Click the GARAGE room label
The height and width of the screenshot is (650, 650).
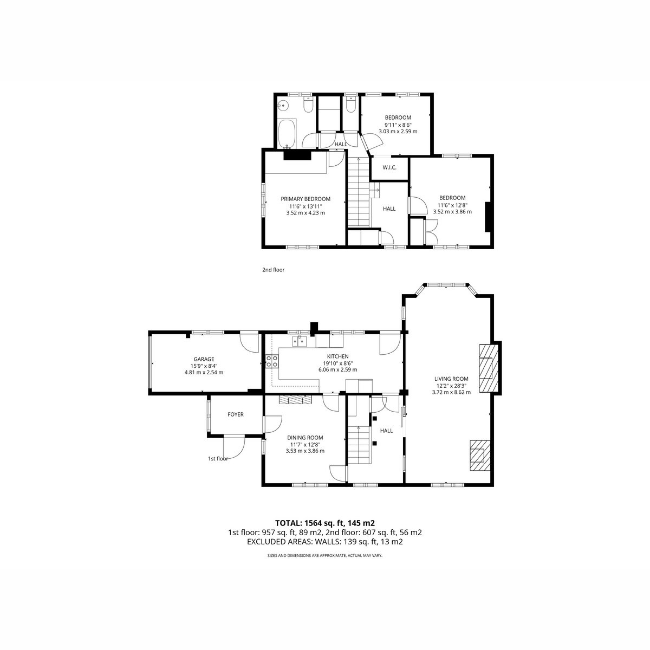tap(204, 359)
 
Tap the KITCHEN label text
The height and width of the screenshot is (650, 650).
tap(337, 356)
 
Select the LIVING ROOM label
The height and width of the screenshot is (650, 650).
tap(451, 379)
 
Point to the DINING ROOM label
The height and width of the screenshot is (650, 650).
tap(305, 438)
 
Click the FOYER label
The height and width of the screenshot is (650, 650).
tap(236, 414)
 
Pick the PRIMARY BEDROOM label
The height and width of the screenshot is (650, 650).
tap(305, 199)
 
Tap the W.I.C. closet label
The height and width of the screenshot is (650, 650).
tap(389, 167)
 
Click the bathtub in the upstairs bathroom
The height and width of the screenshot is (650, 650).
tap(288, 134)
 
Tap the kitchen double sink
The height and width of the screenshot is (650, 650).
tap(300, 341)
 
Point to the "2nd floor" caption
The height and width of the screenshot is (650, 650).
tap(273, 270)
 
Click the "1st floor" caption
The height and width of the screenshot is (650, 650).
tap(218, 458)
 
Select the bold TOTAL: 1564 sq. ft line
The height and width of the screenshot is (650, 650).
tap(325, 523)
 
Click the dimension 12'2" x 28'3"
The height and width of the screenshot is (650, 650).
tap(451, 386)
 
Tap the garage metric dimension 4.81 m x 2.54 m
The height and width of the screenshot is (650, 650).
tap(204, 372)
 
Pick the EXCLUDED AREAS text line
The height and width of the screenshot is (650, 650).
tap(325, 542)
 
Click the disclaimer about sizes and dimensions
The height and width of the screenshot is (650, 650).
tap(325, 555)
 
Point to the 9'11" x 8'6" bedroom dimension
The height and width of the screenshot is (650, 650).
tap(398, 125)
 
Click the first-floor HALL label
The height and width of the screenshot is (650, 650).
tap(386, 431)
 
